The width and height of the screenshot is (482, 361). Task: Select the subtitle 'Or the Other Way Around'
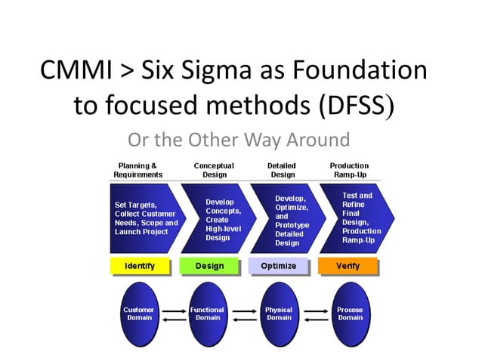point(239,140)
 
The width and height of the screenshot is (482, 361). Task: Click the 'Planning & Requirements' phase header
point(137,170)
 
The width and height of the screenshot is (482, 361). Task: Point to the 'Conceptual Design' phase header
point(214,170)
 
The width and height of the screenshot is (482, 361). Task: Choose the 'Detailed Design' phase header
point(282,170)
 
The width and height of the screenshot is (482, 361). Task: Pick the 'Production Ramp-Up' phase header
point(349,170)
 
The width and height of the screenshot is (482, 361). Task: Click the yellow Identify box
point(140,266)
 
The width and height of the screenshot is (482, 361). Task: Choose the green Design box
point(209,266)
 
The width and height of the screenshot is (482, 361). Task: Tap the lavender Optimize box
point(278,266)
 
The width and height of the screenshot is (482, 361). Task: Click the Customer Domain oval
point(138,313)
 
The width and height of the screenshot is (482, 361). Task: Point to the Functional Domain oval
point(207,313)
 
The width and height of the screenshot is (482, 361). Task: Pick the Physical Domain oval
point(279,313)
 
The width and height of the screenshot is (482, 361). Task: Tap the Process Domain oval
point(350,313)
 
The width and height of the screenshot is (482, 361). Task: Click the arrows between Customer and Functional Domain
point(173,314)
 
